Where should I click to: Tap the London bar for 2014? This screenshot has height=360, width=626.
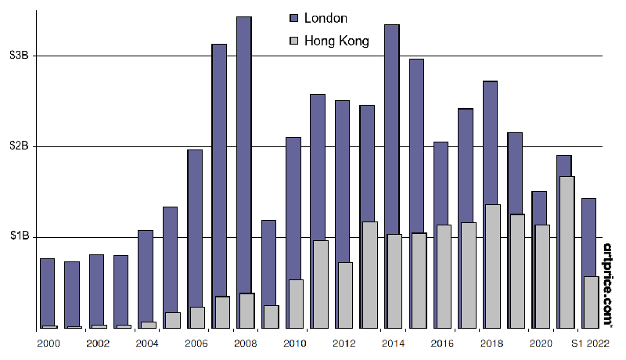[x=392, y=125]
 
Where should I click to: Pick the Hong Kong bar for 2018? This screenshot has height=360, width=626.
[x=493, y=266]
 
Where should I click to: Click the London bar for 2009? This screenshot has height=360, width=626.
[x=268, y=258]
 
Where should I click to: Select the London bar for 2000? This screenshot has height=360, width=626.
[x=47, y=290]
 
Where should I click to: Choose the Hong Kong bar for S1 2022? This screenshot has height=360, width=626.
[x=592, y=302]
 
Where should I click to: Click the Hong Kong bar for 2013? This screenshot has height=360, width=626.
[x=369, y=275]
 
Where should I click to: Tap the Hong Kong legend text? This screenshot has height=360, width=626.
[x=336, y=41]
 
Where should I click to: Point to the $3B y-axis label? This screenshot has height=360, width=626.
[x=19, y=56]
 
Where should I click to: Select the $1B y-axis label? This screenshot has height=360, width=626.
[x=19, y=236]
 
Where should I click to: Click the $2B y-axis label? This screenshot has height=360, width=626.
[x=19, y=146]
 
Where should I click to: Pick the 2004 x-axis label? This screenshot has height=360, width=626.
[x=146, y=343]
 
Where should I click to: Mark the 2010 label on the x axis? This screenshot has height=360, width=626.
[x=293, y=343]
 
